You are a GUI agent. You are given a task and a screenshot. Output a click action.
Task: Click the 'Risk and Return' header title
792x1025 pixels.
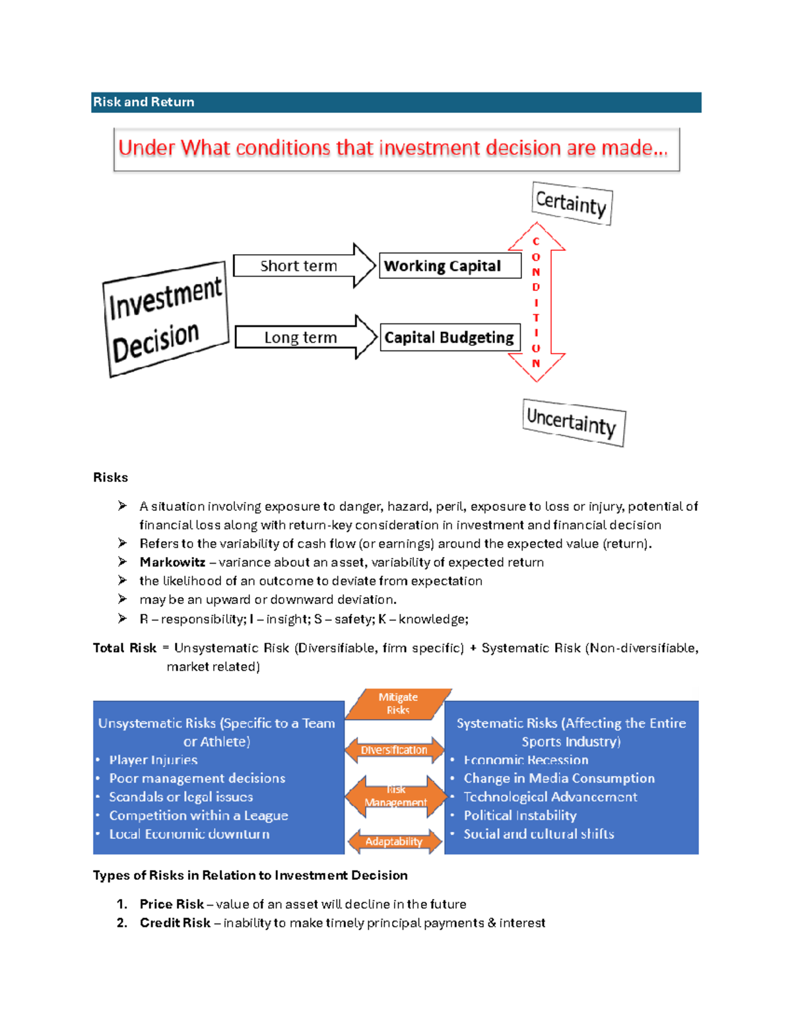click(143, 102)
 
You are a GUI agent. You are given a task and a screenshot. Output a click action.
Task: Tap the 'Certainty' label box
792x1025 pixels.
click(572, 203)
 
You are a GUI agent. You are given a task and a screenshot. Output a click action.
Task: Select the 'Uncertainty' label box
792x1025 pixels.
click(573, 422)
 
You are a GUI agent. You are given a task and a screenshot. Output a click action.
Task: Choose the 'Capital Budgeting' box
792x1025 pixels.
click(449, 337)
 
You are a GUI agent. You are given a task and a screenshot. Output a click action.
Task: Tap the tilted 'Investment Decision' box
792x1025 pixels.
click(166, 319)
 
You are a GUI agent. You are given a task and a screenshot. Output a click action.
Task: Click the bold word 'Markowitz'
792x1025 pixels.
click(172, 562)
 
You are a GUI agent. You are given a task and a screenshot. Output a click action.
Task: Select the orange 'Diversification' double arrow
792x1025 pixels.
click(394, 750)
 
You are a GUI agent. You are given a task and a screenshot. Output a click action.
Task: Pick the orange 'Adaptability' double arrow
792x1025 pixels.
click(394, 842)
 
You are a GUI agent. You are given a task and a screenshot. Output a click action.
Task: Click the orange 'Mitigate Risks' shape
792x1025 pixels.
click(398, 704)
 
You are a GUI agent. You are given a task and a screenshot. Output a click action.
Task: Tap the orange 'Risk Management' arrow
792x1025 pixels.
click(396, 796)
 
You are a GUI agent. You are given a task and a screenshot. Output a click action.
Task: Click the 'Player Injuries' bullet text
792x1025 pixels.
click(153, 760)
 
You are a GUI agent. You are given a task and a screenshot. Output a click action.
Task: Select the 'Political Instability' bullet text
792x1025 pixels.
click(520, 816)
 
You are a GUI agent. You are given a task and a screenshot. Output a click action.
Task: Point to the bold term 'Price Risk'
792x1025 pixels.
click(172, 904)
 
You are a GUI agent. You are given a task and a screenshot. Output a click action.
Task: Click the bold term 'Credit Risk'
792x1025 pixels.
click(175, 923)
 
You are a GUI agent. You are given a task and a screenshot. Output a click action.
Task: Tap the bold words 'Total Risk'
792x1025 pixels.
click(125, 648)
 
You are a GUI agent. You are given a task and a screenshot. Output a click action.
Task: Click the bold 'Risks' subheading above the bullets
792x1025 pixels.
click(110, 478)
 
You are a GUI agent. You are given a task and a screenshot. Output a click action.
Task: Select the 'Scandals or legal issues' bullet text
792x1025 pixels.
click(181, 797)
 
